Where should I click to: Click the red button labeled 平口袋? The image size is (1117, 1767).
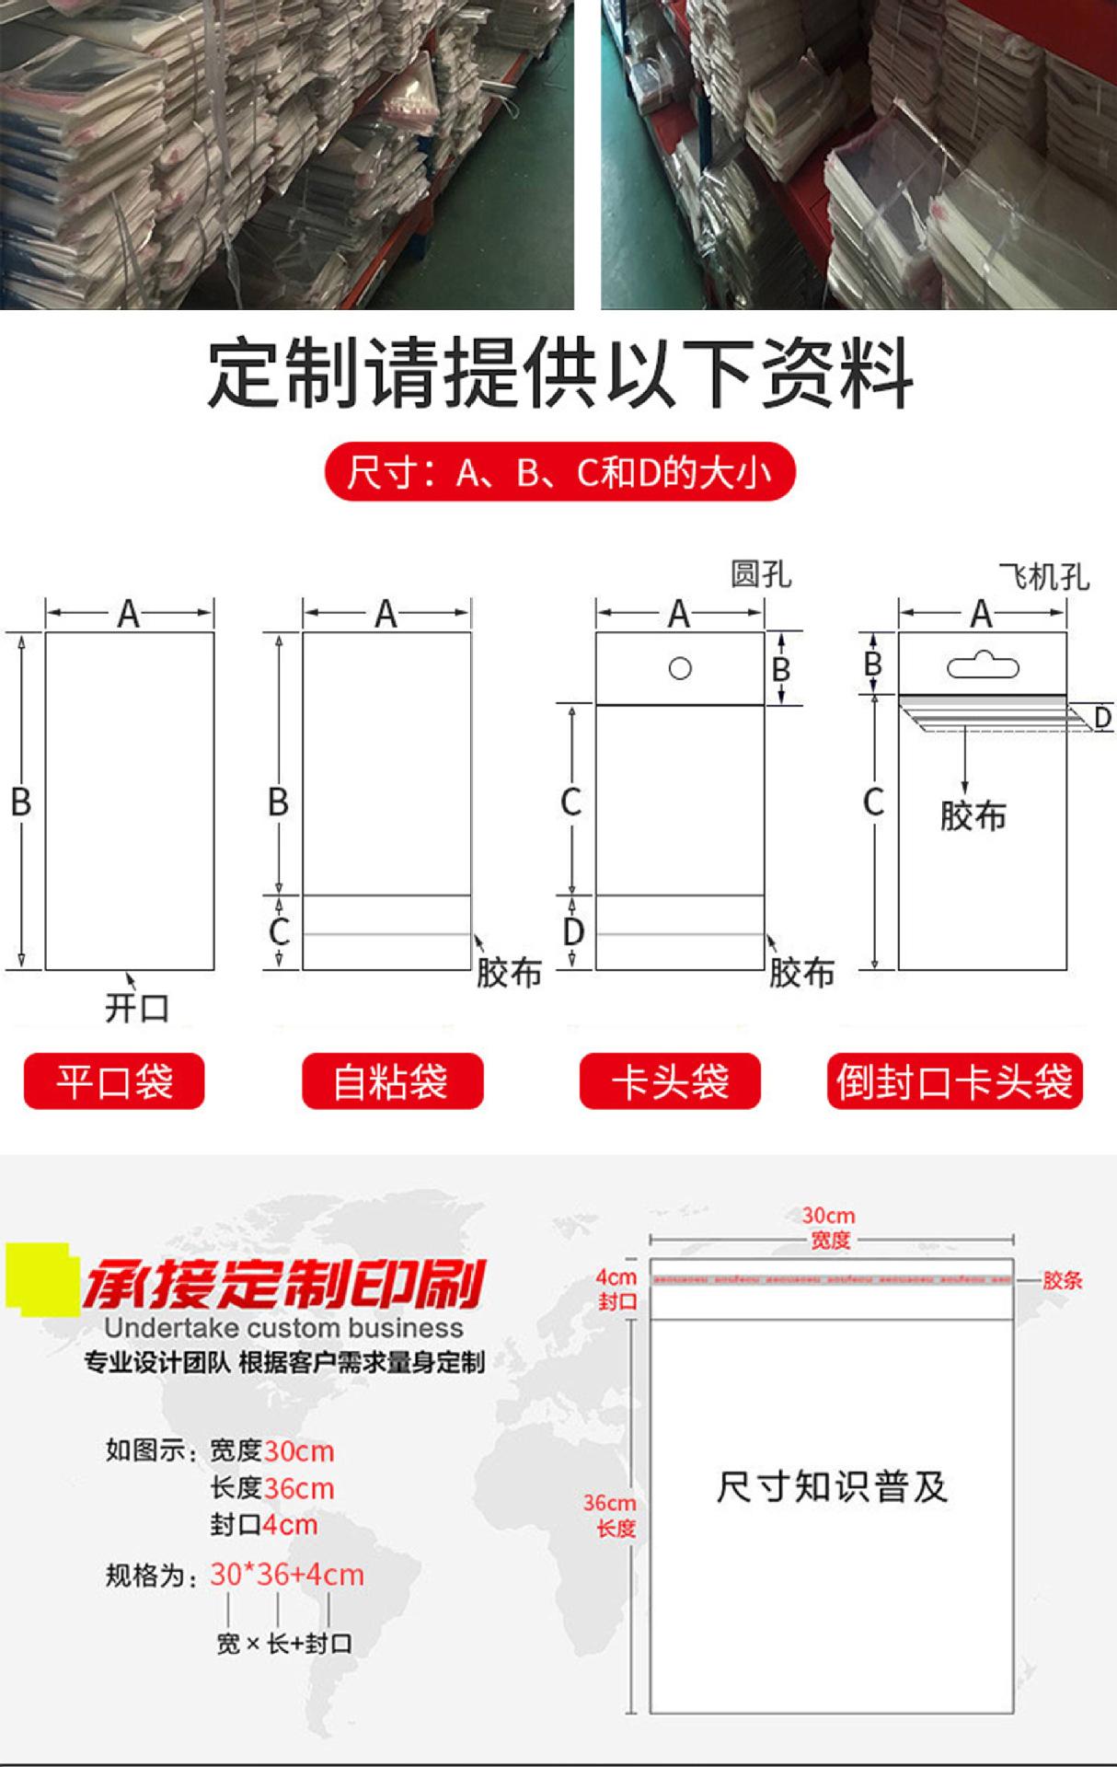114,1081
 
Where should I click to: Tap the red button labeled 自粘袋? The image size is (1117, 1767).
392,1081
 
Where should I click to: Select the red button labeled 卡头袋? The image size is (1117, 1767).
670,1081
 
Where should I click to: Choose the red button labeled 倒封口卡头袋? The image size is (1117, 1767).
954,1081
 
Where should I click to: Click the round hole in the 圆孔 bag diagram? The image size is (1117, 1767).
680,668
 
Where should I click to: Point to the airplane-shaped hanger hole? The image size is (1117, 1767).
983,664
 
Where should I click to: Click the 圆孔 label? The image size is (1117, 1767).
760,574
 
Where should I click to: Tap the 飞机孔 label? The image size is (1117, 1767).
1043,577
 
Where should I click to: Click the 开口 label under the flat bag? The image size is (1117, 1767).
137,1008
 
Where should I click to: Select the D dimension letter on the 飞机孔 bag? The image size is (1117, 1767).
1102,717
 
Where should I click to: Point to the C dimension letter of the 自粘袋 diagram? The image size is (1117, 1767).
279,931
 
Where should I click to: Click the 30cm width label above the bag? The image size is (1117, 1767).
828,1216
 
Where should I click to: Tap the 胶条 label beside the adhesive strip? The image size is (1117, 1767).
1062,1280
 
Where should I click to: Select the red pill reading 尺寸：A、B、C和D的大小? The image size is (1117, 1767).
558,472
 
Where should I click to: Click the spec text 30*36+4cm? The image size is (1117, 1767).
286,1575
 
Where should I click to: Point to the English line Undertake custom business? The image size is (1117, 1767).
283,1328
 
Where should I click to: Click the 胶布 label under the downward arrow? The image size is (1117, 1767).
973,815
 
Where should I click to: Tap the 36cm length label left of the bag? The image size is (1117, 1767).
609,1503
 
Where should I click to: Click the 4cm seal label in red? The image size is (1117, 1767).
616,1277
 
